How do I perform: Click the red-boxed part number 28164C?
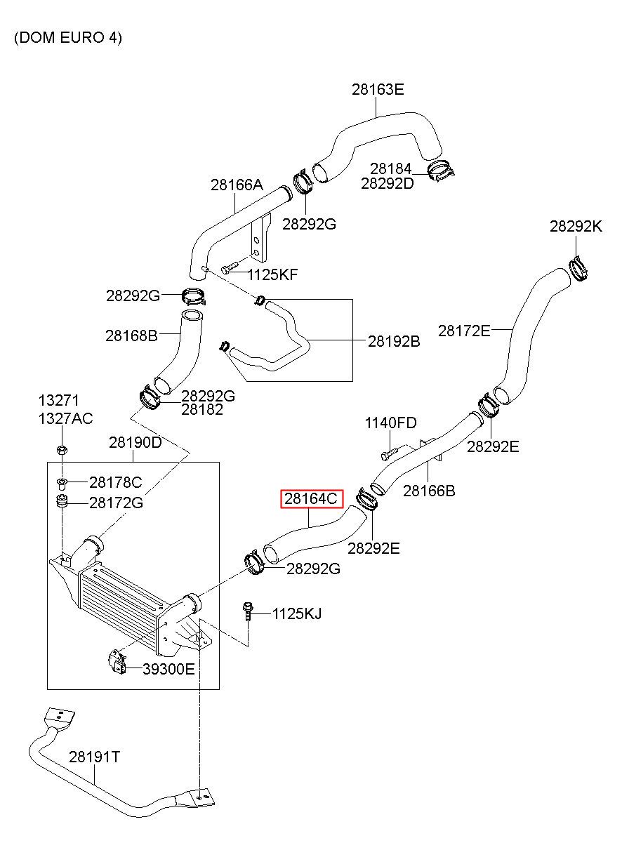tap(311, 498)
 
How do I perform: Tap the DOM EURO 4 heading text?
tap(68, 38)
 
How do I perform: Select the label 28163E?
tap(378, 90)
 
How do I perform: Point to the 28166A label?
tap(237, 185)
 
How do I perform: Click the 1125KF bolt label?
tap(272, 274)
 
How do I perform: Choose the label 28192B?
tap(394, 342)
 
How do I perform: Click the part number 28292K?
tap(576, 227)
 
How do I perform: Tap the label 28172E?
tap(464, 331)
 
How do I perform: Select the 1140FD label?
tap(390, 423)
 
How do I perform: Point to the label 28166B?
tap(429, 491)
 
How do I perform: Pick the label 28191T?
tap(94, 757)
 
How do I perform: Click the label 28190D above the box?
tap(135, 442)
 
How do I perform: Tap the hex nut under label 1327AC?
tap(62, 451)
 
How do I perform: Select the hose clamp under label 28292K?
tap(578, 269)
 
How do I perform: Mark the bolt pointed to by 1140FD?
tap(390, 453)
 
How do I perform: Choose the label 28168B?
tap(131, 336)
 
